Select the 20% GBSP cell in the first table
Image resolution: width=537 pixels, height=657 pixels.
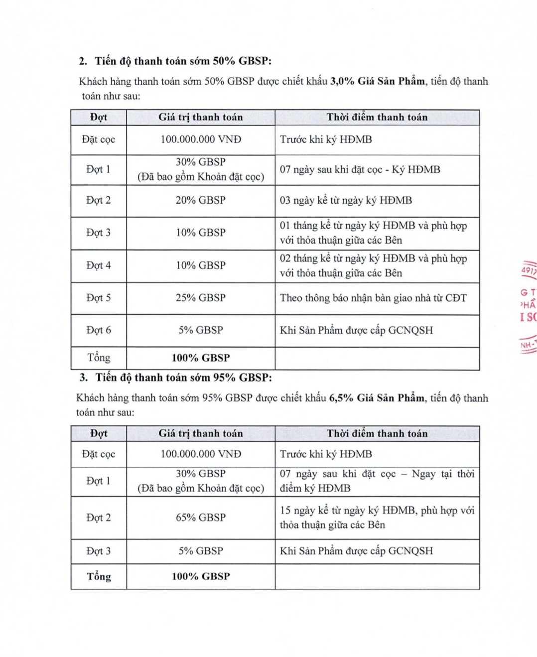200,200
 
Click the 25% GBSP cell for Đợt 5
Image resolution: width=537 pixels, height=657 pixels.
200,298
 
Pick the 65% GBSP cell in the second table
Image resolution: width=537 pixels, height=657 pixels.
200,518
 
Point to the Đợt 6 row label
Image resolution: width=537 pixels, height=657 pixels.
98,330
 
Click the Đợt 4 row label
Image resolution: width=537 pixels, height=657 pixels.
98,265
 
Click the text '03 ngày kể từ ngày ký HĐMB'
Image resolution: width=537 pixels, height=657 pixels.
346,200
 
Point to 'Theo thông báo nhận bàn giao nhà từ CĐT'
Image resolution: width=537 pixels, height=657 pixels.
373,298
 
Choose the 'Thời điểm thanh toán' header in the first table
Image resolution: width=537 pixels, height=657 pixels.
377,118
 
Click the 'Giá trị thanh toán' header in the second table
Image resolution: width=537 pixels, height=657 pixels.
200,434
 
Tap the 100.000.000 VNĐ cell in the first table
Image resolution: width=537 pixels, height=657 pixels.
200,139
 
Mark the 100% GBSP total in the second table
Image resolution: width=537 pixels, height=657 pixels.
200,576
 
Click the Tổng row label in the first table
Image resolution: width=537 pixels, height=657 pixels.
98,358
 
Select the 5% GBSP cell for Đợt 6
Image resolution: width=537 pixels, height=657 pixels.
200,330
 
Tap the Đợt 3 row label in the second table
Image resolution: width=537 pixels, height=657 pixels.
98,551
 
